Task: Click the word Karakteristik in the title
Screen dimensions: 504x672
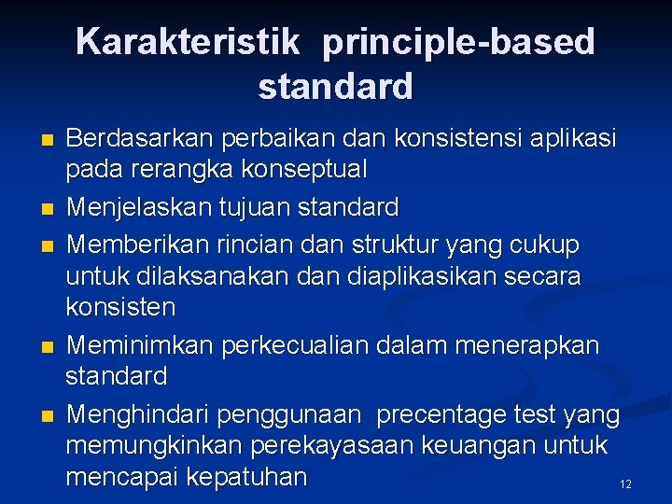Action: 188,42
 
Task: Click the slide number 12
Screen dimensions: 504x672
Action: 625,483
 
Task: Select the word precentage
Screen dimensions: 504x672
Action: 445,413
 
